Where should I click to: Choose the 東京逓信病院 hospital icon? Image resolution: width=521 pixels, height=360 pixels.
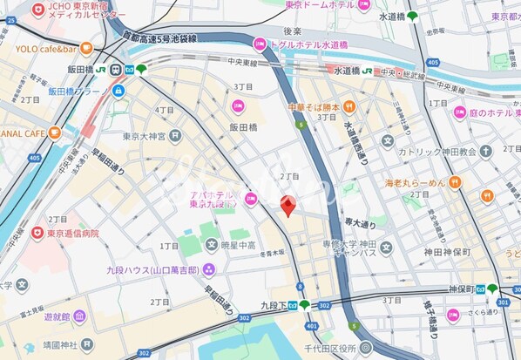pyautogui.click(x=37, y=234)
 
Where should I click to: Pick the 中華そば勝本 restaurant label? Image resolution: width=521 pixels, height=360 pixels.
pyautogui.click(x=314, y=107)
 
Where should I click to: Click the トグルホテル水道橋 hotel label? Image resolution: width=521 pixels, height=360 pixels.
pyautogui.click(x=307, y=44)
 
